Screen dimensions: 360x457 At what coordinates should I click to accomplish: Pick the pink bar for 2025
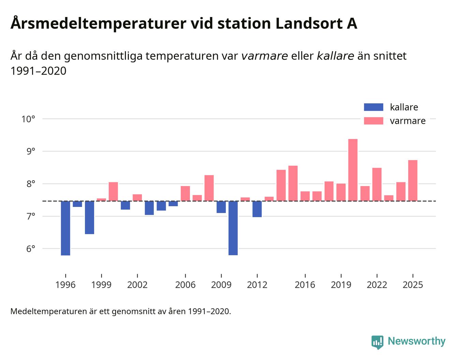tap(413, 180)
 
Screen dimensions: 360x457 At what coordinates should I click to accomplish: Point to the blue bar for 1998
tap(89, 217)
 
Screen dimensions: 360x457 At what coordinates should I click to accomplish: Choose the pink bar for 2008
tap(209, 188)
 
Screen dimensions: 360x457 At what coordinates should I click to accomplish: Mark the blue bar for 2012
tap(257, 209)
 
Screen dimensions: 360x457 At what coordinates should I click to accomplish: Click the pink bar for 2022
tap(377, 184)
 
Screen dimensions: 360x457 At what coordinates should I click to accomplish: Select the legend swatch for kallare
tap(373, 107)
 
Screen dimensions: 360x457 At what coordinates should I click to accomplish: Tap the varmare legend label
tap(408, 121)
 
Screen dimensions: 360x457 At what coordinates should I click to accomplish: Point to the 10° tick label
tap(28, 119)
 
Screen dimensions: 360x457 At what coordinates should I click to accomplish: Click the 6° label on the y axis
tap(30, 249)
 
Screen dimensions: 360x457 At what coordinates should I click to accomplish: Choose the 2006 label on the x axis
tap(185, 285)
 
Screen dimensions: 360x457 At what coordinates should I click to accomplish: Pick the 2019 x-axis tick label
tap(341, 285)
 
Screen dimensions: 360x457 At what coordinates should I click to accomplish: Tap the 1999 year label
tap(101, 285)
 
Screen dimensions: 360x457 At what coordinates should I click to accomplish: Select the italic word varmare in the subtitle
tap(264, 56)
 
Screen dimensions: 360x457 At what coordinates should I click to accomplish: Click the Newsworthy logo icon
tap(377, 342)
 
